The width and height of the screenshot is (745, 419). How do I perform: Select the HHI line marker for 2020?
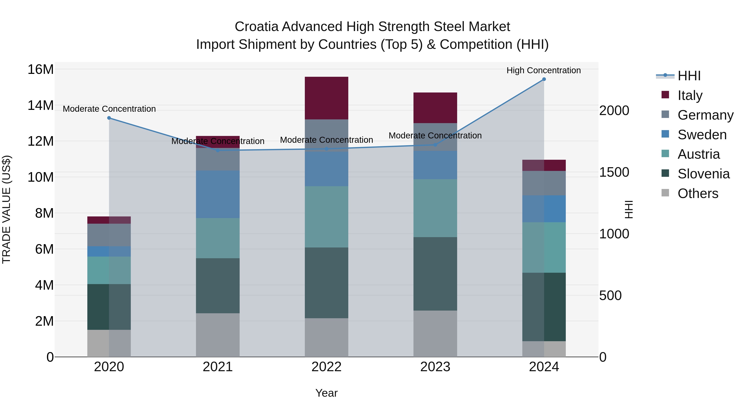coord(109,118)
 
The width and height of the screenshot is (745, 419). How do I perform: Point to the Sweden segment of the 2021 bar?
coord(217,194)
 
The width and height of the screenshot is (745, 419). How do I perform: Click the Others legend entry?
coord(698,193)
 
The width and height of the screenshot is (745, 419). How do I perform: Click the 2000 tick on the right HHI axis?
coord(614,110)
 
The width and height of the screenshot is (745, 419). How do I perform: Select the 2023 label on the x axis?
coord(435,367)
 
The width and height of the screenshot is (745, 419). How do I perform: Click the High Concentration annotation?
coord(543,70)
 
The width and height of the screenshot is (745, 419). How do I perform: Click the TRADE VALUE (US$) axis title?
coord(6,209)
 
